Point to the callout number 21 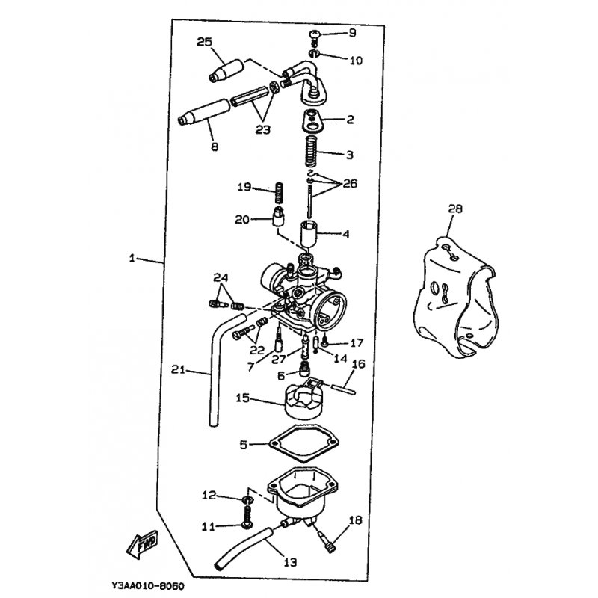(177, 368)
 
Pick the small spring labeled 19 (279, 192)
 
